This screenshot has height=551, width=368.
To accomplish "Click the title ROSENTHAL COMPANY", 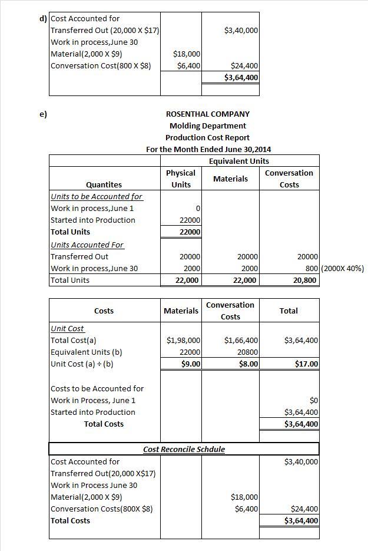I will (x=208, y=114).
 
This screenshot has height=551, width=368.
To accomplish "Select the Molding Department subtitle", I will (x=208, y=126).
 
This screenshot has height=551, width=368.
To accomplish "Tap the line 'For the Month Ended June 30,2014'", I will (x=208, y=149).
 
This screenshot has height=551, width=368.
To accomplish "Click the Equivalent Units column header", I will (x=238, y=161).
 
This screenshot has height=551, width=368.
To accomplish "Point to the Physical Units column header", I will (x=181, y=179).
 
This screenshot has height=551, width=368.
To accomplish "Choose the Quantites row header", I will (x=104, y=184).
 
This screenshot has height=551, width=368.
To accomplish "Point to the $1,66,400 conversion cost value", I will (x=241, y=340).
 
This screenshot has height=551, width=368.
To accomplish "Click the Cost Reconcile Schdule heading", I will (x=184, y=449).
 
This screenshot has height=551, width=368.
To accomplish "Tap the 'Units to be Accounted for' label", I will (x=96, y=196).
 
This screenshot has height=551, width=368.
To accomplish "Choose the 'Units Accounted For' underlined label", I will (x=87, y=245).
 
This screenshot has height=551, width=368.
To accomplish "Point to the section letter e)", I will (x=43, y=114).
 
